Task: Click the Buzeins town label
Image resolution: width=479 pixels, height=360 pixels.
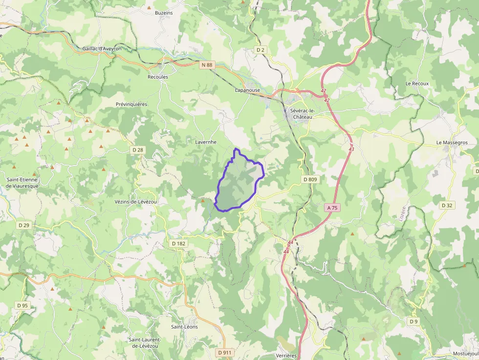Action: pyautogui.click(x=164, y=13)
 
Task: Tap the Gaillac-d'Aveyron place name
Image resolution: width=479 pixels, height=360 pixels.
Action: pyautogui.click(x=102, y=49)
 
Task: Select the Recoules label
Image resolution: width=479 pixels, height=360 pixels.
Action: pyautogui.click(x=158, y=77)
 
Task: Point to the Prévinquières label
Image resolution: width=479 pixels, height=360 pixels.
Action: pyautogui.click(x=131, y=104)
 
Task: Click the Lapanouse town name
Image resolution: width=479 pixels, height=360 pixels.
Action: pyautogui.click(x=247, y=90)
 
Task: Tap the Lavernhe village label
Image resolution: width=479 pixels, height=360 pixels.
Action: pyautogui.click(x=205, y=142)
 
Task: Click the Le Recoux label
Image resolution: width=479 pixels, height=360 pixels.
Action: pyautogui.click(x=417, y=84)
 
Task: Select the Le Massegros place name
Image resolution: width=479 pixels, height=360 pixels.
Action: pyautogui.click(x=452, y=143)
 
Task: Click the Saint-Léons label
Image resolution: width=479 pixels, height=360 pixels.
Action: pyautogui.click(x=184, y=327)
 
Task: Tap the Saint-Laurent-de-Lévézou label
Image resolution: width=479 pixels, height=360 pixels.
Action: pyautogui.click(x=151, y=342)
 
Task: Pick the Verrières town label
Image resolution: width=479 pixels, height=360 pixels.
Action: pyautogui.click(x=286, y=356)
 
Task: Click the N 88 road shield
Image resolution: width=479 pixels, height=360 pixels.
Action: pyautogui.click(x=207, y=64)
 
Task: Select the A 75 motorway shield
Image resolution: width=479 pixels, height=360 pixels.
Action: pyautogui.click(x=332, y=208)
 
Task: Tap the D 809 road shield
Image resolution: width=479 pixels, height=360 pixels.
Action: pyautogui.click(x=310, y=179)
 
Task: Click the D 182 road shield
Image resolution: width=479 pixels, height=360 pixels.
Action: pyautogui.click(x=179, y=243)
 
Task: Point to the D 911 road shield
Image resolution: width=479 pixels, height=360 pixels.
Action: pyautogui.click(x=224, y=352)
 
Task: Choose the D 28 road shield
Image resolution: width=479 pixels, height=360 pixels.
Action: pyautogui.click(x=138, y=149)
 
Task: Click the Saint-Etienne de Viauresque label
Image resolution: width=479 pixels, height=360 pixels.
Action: pyautogui.click(x=22, y=183)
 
